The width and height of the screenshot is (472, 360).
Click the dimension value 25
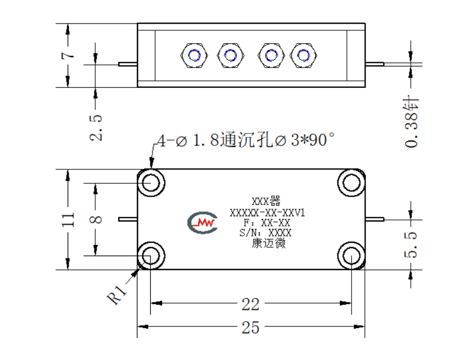(250, 327)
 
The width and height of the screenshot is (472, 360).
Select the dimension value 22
(250, 304)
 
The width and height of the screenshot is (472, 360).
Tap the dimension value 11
(68, 219)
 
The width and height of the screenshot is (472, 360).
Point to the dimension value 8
(96, 219)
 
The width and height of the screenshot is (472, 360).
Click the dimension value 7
(68, 55)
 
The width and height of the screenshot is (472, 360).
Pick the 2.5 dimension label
(96, 128)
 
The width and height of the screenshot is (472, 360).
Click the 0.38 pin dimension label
(411, 121)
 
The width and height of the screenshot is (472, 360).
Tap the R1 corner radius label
(117, 294)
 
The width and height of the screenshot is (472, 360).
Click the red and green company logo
(202, 223)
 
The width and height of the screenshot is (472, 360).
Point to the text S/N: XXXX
(265, 233)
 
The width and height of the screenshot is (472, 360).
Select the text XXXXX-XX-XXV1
(267, 213)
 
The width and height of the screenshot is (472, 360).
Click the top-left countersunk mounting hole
(151, 183)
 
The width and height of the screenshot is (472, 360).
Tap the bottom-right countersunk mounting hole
(351, 256)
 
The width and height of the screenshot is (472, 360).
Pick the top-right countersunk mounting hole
(351, 183)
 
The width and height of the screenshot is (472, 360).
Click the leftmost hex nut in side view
(194, 55)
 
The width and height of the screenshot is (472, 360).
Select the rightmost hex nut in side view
(303, 55)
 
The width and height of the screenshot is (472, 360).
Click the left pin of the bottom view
(128, 219)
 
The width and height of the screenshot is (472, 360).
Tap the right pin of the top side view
(375, 64)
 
